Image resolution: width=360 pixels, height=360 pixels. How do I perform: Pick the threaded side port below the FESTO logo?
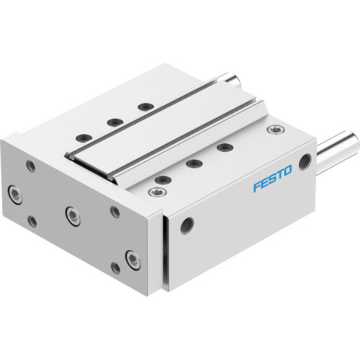tap(188, 226)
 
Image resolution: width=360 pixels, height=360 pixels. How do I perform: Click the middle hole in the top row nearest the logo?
tap(192, 163)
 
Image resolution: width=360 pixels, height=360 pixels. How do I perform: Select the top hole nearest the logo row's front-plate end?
tap(162, 179)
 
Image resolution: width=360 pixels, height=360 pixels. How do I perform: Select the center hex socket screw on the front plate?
tap(71, 213)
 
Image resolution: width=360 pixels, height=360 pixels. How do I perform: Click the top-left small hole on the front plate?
tap(30, 165)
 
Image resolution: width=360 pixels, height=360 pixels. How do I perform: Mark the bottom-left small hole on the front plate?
tap(32, 222)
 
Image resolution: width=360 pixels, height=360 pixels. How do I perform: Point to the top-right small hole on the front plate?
tap(115, 211)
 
